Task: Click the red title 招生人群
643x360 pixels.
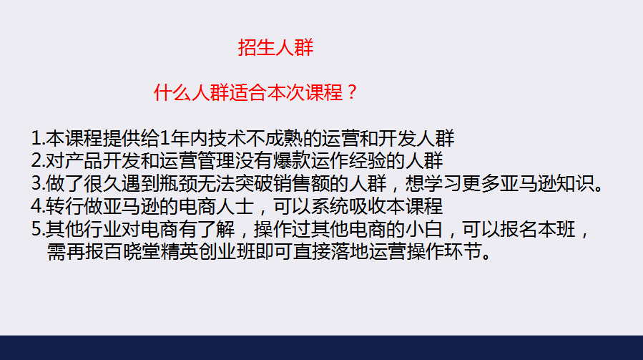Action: click(275, 47)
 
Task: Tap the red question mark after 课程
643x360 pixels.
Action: click(351, 92)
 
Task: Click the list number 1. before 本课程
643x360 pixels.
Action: click(38, 138)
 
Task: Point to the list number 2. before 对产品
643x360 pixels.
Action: click(38, 160)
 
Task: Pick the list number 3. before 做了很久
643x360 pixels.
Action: click(38, 183)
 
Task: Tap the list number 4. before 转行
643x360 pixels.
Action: click(38, 206)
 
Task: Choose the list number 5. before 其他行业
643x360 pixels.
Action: click(38, 228)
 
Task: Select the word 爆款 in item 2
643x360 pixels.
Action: click(292, 160)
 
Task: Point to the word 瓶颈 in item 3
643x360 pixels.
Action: click(178, 183)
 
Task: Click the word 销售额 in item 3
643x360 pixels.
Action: click(301, 183)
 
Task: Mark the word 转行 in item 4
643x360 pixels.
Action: click(64, 206)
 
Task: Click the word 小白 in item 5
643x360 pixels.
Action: click(424, 228)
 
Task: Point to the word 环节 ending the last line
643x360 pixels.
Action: click(463, 251)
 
